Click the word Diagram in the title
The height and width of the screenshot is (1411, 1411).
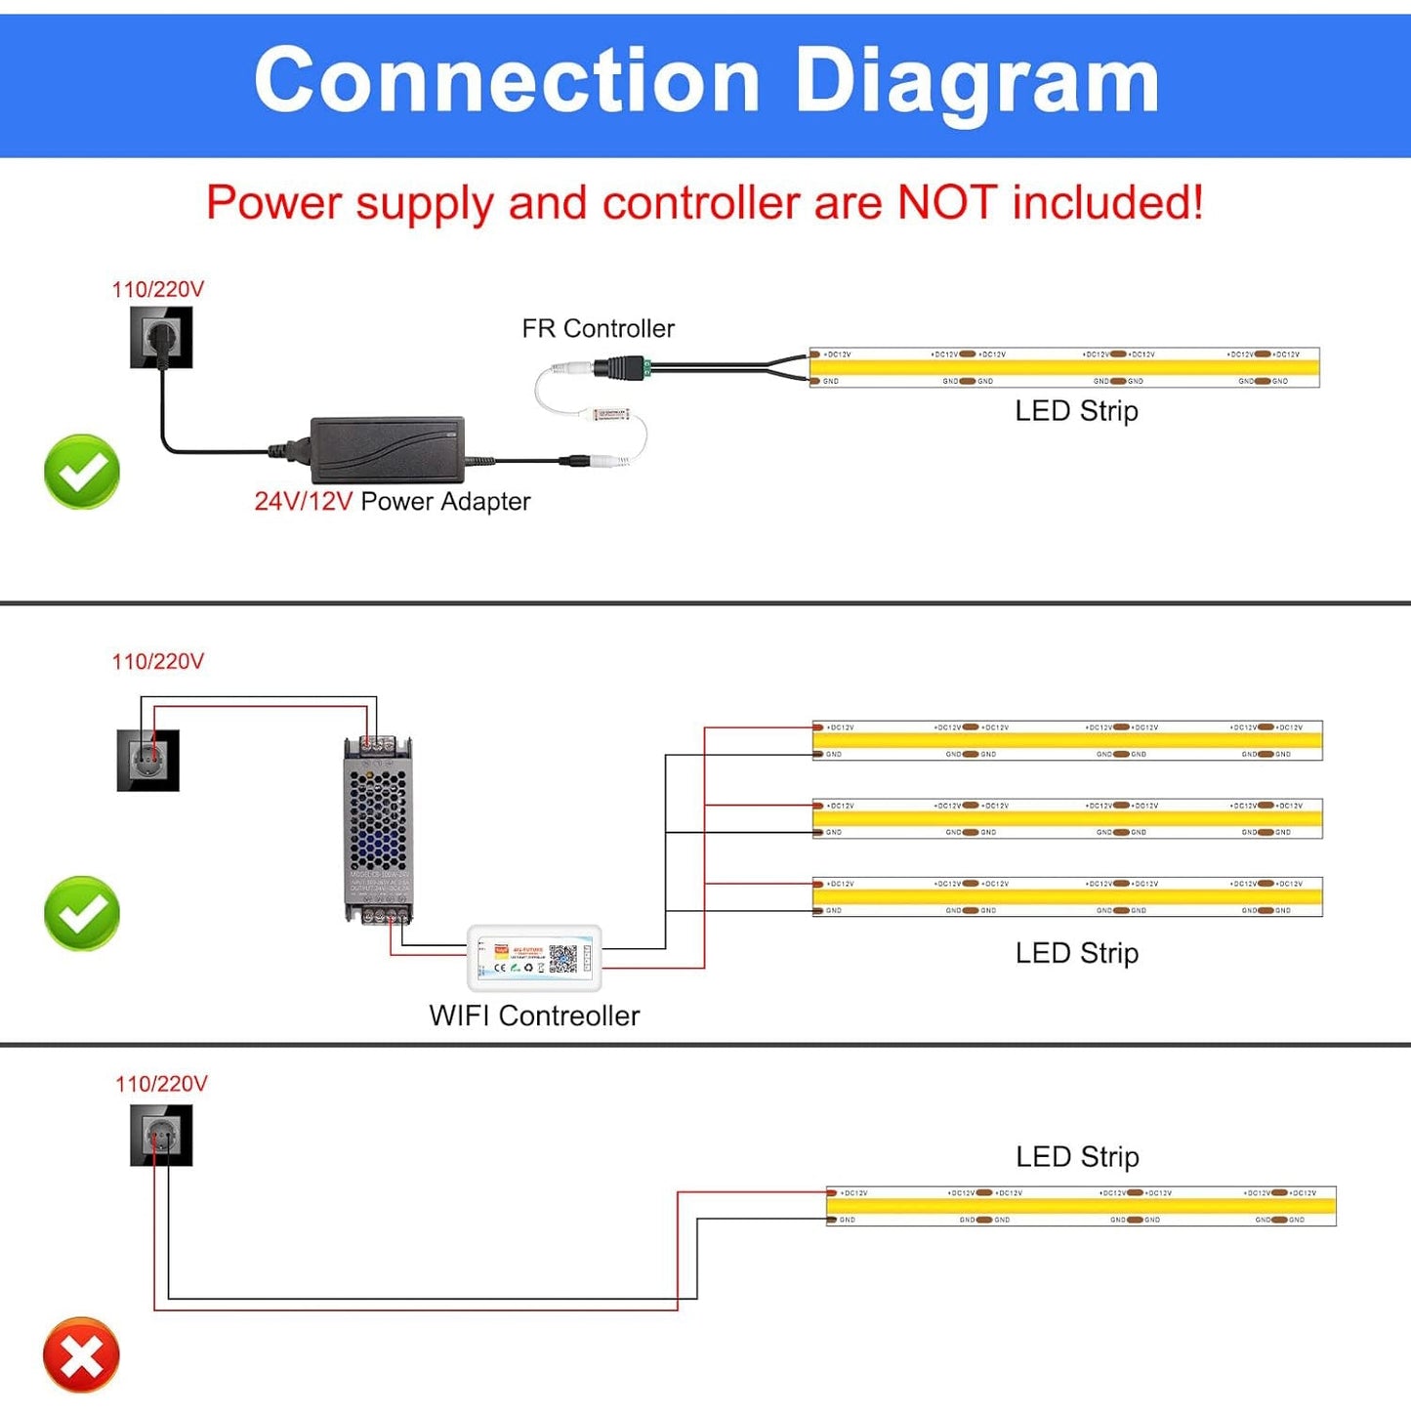[x=977, y=82]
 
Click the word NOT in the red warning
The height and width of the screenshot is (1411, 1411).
[x=946, y=203]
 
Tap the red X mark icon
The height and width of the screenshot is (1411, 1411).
[x=81, y=1355]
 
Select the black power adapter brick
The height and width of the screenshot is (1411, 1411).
[x=388, y=449]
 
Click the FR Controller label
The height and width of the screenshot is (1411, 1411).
[x=598, y=329]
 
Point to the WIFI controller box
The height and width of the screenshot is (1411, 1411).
[x=534, y=959]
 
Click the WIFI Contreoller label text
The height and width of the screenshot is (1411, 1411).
[x=534, y=1016]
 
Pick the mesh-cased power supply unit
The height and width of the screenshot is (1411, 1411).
[x=378, y=830]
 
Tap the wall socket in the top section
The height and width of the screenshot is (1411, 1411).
[x=161, y=338]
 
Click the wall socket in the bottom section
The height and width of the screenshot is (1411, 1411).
[x=161, y=1136]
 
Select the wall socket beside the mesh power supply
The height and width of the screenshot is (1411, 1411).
[x=148, y=760]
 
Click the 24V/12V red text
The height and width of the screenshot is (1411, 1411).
[x=303, y=502]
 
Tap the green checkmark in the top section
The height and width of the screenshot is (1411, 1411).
[x=82, y=473]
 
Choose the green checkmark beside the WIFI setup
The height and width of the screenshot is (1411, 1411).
[x=82, y=914]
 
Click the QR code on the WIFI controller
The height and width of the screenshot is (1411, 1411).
[x=562, y=959]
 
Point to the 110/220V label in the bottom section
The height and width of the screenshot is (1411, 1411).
[x=161, y=1084]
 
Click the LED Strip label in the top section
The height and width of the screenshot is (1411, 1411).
[x=1076, y=411]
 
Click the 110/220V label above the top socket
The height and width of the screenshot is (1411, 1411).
[x=158, y=290]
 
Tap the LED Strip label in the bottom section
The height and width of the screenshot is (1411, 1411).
[x=1077, y=1157]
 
